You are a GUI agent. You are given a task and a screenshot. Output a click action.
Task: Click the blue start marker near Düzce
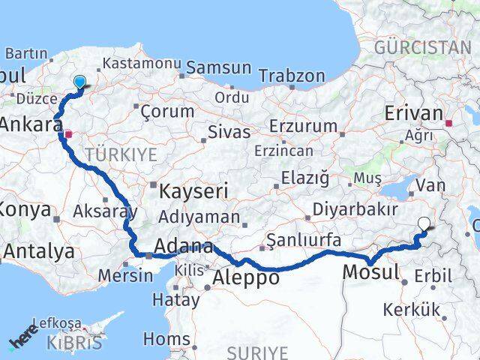tap(79, 83)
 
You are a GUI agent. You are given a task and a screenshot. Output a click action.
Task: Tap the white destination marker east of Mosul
tap(425, 223)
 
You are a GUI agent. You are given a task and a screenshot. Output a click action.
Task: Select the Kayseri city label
tap(193, 191)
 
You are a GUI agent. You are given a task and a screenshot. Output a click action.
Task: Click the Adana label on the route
tap(183, 247)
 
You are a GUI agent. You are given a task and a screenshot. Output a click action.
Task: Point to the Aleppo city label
tap(247, 277)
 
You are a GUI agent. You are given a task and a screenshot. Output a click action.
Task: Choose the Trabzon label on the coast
tap(292, 76)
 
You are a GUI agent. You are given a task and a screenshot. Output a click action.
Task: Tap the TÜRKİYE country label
tap(121, 154)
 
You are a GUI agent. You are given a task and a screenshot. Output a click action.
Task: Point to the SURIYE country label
tap(257, 351)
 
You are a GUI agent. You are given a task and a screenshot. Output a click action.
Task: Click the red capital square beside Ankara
tap(68, 134)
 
